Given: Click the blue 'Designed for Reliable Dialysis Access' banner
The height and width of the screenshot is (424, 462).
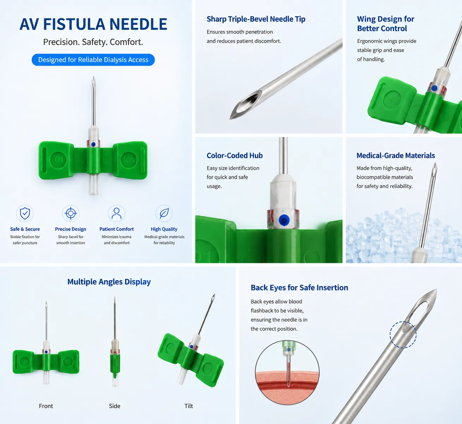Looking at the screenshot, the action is (93, 60).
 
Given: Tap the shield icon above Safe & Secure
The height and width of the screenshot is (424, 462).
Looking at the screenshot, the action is (25, 213).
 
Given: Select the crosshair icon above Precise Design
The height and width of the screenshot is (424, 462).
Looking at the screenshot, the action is (71, 213).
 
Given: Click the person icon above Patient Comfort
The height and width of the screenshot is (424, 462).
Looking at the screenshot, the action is (116, 213).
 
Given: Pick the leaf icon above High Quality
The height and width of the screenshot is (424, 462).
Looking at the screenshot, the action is (164, 213).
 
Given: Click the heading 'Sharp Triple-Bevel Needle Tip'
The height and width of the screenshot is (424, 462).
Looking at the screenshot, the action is (256, 19).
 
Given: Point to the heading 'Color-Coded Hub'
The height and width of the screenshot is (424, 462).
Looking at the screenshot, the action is (234, 156).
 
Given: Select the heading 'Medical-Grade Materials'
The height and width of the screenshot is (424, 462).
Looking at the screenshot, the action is (396, 156).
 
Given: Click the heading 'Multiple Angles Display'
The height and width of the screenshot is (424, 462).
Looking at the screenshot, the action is (109, 282).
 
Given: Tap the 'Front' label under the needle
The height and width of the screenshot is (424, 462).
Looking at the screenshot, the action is (46, 406).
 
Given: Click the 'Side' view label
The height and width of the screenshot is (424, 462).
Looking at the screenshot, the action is (115, 406).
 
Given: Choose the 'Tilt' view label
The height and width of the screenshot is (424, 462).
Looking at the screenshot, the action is (188, 406).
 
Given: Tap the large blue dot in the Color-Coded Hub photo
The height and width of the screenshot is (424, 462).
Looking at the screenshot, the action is (284, 220).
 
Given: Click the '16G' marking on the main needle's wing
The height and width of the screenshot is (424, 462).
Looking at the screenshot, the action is (128, 160).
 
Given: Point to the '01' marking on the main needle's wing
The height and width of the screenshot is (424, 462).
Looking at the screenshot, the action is (59, 159).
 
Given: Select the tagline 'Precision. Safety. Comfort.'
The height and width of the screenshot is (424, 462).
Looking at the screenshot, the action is (93, 42).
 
